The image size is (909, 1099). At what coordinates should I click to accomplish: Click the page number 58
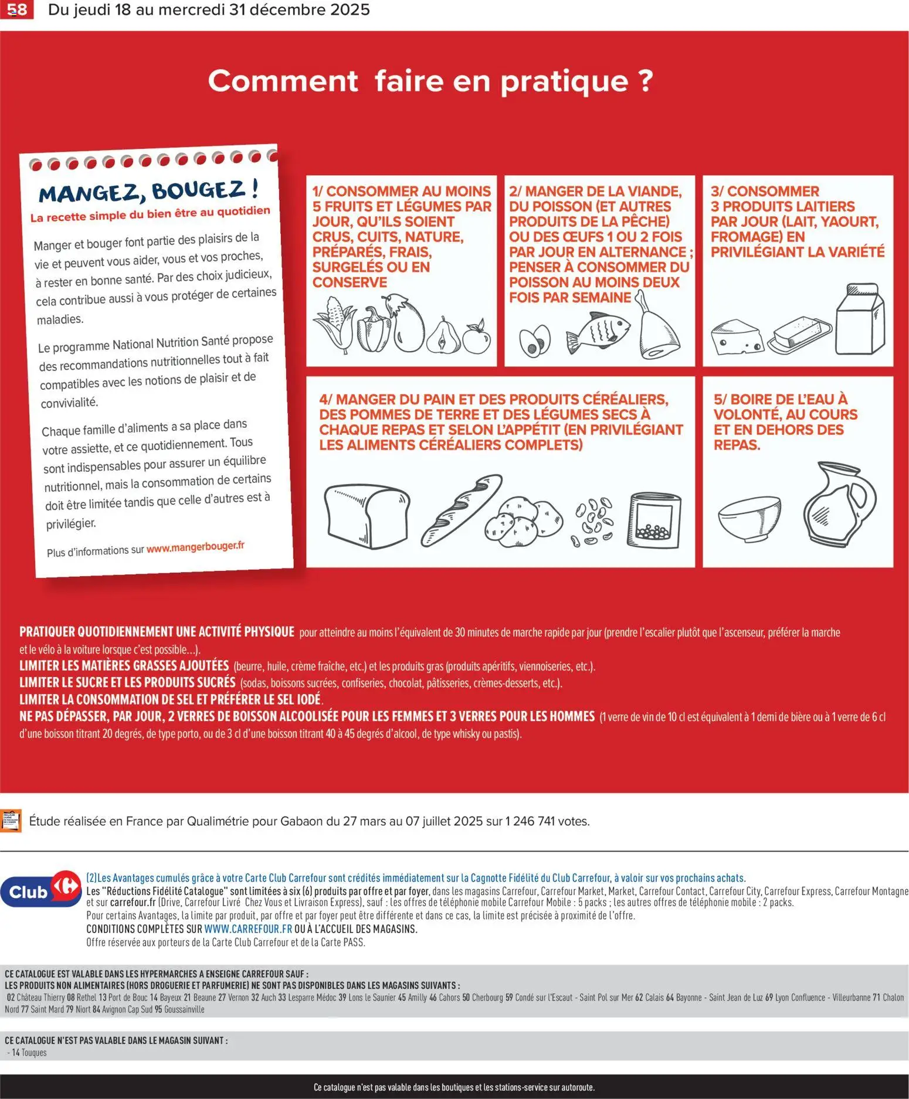click(16, 9)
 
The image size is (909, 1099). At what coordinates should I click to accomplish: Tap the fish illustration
click(598, 333)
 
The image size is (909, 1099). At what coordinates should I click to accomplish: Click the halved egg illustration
click(535, 341)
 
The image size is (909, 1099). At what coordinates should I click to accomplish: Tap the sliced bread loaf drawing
click(367, 516)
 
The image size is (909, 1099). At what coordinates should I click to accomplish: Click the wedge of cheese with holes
click(737, 336)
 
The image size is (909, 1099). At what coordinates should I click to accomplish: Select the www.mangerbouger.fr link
click(195, 547)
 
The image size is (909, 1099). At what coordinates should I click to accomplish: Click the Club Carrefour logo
click(41, 889)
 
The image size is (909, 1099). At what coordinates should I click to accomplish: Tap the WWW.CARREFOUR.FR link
click(248, 928)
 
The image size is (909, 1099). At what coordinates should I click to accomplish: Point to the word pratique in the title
click(565, 82)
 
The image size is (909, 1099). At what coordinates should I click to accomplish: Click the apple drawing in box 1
click(476, 336)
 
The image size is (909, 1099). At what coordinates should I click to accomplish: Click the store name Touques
click(34, 1052)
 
